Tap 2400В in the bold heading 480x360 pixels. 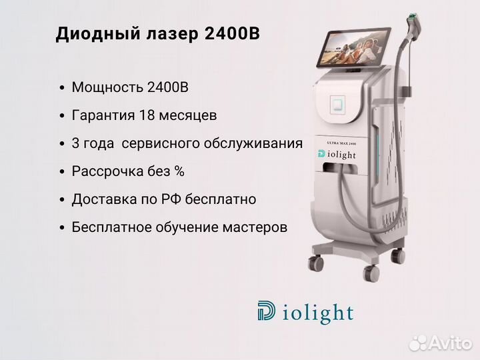[232, 34]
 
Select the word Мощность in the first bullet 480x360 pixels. [107, 87]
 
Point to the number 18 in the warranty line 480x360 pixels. [146, 115]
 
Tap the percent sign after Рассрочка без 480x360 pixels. [179, 171]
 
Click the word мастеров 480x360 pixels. [255, 227]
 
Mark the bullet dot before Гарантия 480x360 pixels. [62, 116]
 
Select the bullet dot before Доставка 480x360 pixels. [62, 200]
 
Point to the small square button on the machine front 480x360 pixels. [337, 105]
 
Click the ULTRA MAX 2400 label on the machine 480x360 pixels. [341, 143]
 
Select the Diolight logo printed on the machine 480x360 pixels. [337, 154]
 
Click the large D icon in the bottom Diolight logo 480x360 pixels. [266, 311]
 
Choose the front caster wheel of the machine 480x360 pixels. [371, 273]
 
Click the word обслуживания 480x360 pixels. [253, 143]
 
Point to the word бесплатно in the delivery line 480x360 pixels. [221, 199]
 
